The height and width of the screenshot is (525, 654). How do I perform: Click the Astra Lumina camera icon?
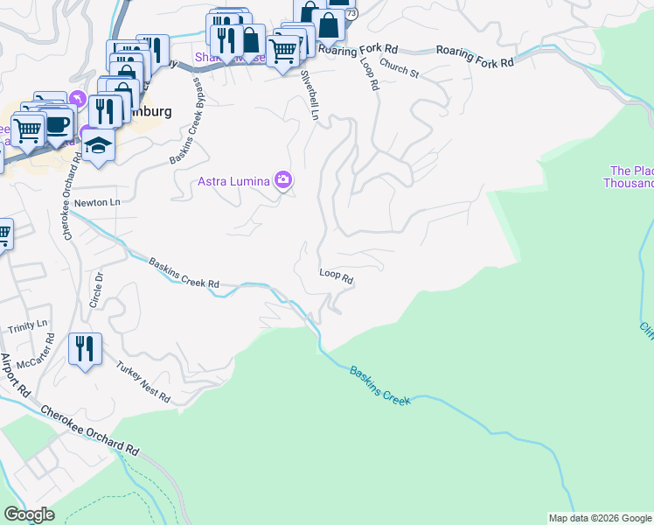pyautogui.click(x=282, y=180)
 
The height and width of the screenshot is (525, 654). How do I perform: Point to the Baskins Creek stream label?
pyautogui.click(x=380, y=385)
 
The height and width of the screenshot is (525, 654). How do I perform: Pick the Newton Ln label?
pyautogui.click(x=96, y=202)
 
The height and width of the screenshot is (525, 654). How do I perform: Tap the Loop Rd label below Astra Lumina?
pyautogui.click(x=336, y=277)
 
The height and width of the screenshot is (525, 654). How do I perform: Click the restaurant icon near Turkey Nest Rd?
pyautogui.click(x=85, y=349)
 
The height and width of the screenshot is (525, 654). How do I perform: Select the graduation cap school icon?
pyautogui.click(x=99, y=144)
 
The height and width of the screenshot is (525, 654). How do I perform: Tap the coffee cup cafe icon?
pyautogui.click(x=59, y=124)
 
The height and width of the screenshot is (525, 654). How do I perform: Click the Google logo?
pyautogui.click(x=29, y=514)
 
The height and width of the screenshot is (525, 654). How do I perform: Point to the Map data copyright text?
pyautogui.click(x=599, y=518)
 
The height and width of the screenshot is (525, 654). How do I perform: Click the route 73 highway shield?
pyautogui.click(x=351, y=14)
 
